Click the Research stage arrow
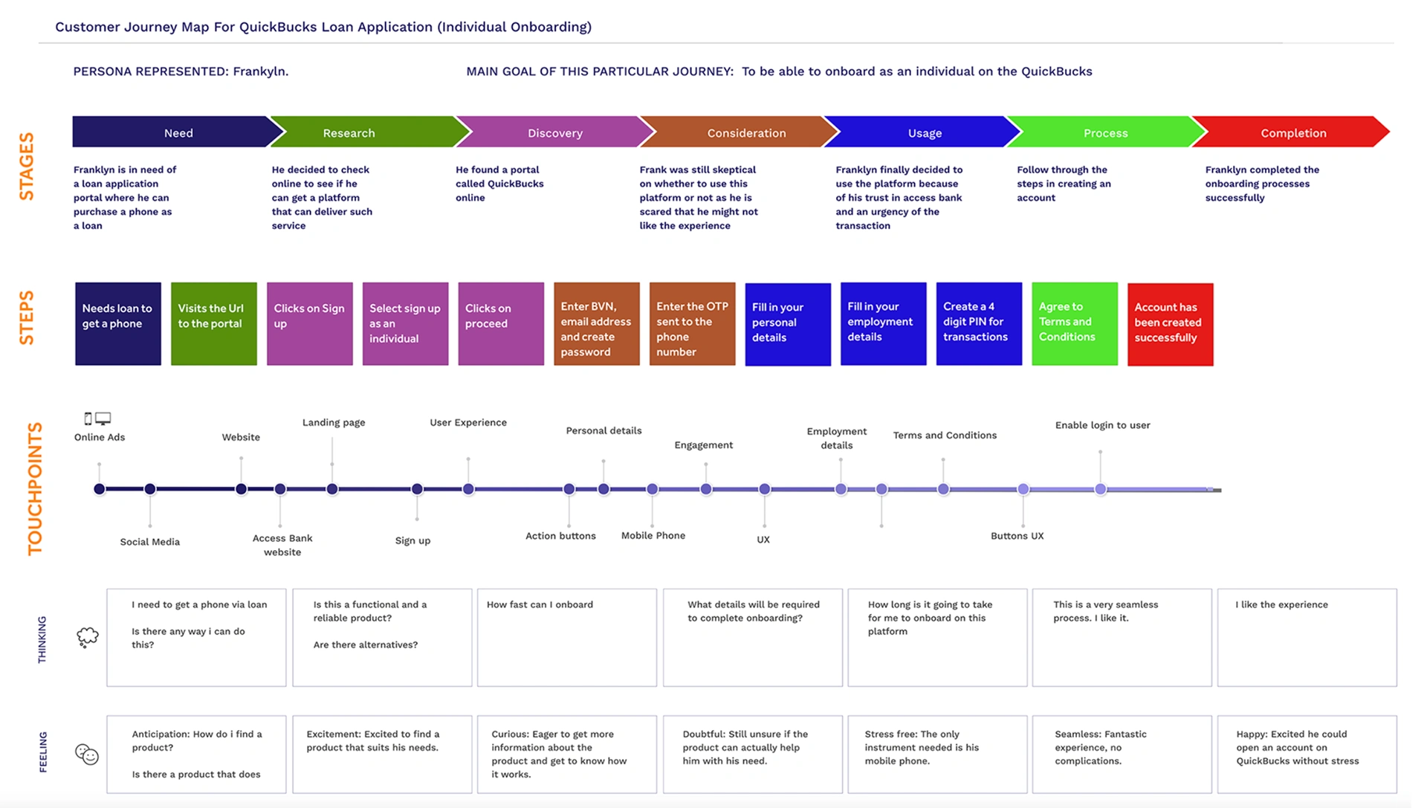(x=364, y=132)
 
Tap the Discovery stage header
(x=555, y=132)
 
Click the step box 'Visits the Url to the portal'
(x=214, y=323)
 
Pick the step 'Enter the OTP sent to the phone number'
(x=692, y=323)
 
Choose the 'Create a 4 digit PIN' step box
(x=979, y=323)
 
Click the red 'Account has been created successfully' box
(x=1170, y=324)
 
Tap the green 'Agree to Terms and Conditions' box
(x=1075, y=323)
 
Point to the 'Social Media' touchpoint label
(x=150, y=542)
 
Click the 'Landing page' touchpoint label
(x=334, y=422)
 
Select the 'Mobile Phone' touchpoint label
(x=653, y=535)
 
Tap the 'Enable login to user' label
(x=1102, y=425)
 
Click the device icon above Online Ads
(x=97, y=418)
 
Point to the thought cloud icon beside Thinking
(x=88, y=637)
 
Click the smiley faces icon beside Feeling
(x=87, y=754)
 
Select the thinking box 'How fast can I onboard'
(x=567, y=637)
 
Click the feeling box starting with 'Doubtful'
(x=753, y=754)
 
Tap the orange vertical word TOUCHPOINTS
(x=35, y=488)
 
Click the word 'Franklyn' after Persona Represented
(x=261, y=71)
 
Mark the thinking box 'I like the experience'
(x=1307, y=637)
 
